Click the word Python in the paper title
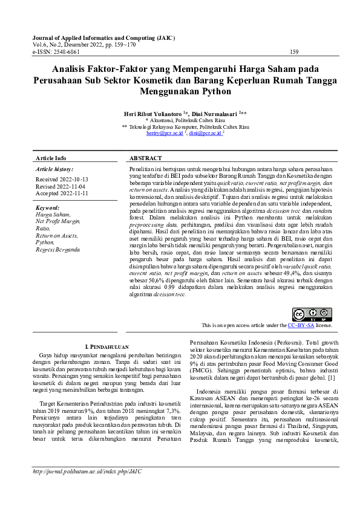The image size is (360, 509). point(215,92)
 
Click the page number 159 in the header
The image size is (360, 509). point(295,52)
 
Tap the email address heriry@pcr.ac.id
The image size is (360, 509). point(164,133)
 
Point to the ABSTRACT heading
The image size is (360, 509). point(146,158)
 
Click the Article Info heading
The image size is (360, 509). point(51,158)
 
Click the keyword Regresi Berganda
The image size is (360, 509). point(57,249)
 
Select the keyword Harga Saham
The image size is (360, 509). point(53,215)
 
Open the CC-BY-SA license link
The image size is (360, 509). point(300,325)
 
